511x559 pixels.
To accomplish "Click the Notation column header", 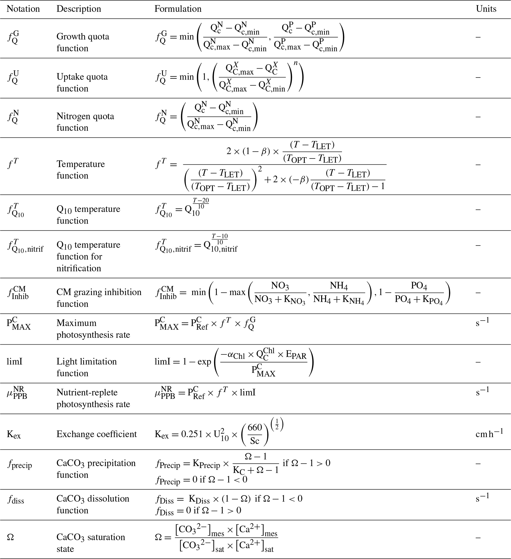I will pos(23,9).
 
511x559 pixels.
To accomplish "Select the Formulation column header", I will pos(178,9).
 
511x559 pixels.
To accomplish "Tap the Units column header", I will pos(486,9).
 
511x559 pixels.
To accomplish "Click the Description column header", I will pos(79,9).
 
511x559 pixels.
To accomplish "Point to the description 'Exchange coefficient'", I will pos(96,434).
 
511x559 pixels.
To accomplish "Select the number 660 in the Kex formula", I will pos(255,428).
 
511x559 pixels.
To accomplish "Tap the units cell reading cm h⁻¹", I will pos(489,433).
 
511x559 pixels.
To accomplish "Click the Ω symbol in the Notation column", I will pos(10,537).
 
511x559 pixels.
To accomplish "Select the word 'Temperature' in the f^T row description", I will pos(81,164).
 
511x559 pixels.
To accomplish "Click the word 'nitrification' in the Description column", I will pos(79,268).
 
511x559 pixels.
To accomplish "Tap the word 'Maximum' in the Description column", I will pos(76,323).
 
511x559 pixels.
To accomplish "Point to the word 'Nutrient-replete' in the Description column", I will pos(87,393).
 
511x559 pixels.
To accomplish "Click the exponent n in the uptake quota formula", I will pos(295,63).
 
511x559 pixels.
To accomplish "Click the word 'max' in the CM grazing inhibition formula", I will pos(237,292).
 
